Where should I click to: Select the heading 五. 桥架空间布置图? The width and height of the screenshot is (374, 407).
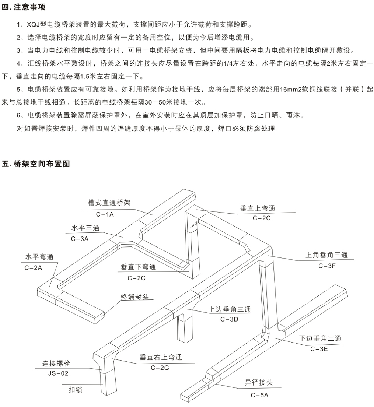(36, 164)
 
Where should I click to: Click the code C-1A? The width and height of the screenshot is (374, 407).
(106, 214)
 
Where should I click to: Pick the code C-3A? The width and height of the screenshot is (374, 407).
(80, 239)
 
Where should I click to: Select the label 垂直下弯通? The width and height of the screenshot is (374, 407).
(138, 267)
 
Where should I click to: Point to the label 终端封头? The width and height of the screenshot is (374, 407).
(135, 297)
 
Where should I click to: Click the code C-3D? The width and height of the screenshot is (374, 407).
(230, 319)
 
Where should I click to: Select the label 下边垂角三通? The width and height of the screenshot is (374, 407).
(320, 338)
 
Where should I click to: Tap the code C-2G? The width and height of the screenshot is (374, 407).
(160, 368)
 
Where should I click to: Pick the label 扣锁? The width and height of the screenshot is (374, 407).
(75, 390)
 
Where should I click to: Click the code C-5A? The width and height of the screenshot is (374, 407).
(260, 396)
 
